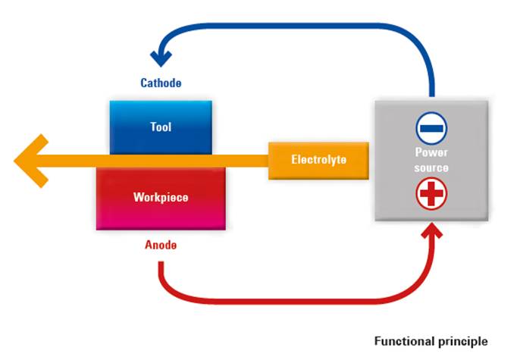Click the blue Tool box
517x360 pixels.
pyautogui.click(x=161, y=127)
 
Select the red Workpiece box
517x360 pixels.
pyautogui.click(x=161, y=199)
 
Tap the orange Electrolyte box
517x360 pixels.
pyautogui.click(x=318, y=161)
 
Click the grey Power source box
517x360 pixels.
pyautogui.click(x=431, y=161)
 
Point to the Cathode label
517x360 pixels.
pyautogui.click(x=161, y=83)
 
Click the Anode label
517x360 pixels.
pyautogui.click(x=161, y=245)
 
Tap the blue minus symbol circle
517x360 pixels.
pyautogui.click(x=431, y=128)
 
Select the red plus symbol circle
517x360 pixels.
pyautogui.click(x=431, y=193)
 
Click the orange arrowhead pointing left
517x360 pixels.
pyautogui.click(x=31, y=161)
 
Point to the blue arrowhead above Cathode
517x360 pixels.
pyautogui.click(x=161, y=58)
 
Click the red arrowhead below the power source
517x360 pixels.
pyautogui.click(x=432, y=230)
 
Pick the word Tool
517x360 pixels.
pyautogui.click(x=161, y=127)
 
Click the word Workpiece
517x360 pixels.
pyautogui.click(x=161, y=197)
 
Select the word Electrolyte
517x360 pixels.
pyautogui.click(x=319, y=160)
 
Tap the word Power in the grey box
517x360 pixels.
pyautogui.click(x=431, y=152)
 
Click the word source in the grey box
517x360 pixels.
pyautogui.click(x=431, y=167)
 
